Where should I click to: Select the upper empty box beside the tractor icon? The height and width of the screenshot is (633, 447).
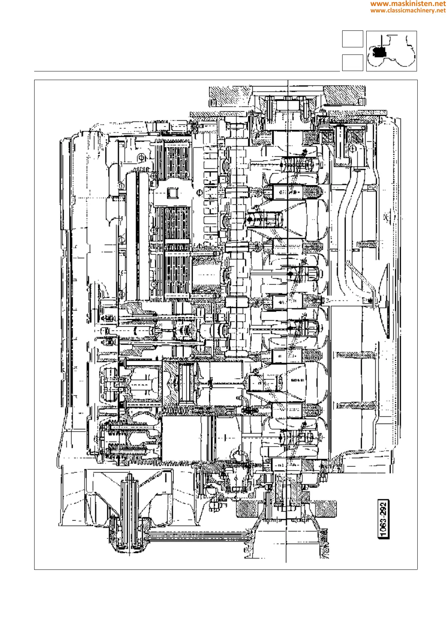[x=352, y=39]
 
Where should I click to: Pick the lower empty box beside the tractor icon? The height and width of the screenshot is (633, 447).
[x=352, y=62]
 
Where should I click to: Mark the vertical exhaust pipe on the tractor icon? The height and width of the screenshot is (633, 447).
[x=381, y=41]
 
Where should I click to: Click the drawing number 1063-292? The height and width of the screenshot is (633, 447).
[x=383, y=519]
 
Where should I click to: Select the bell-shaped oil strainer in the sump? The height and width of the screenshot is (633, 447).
[x=385, y=301]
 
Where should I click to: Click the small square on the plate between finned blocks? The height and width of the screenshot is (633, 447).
[x=173, y=193]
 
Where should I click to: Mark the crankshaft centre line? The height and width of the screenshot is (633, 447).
[x=287, y=320]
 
